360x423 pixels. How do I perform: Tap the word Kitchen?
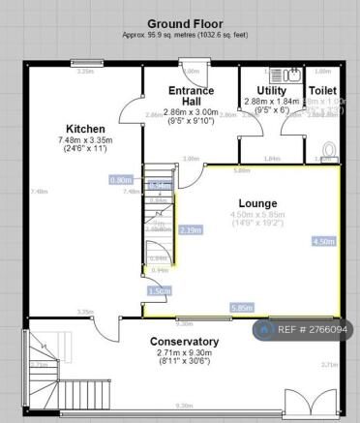[x=85, y=129]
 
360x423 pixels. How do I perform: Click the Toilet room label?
[x=322, y=90]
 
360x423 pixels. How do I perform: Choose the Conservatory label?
[x=184, y=342]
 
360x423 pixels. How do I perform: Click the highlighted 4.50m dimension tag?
[x=324, y=241]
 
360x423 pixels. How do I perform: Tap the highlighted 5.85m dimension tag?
[x=243, y=308]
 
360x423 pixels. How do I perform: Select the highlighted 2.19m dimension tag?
[x=191, y=229]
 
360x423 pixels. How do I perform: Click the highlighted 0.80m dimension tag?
[x=122, y=180]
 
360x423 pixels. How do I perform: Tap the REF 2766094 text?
[x=312, y=330]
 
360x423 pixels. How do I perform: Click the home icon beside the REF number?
[x=263, y=330]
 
